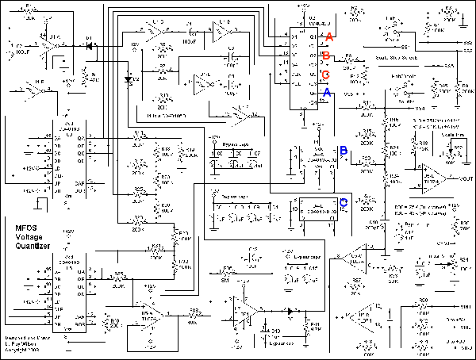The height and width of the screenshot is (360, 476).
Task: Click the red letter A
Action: (329, 36)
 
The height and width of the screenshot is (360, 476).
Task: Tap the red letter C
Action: (325, 75)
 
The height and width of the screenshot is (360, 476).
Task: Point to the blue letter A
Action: (325, 93)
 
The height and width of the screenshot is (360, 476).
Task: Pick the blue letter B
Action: (343, 150)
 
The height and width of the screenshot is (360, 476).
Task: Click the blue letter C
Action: (343, 202)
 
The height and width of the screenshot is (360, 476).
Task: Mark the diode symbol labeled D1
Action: (89, 46)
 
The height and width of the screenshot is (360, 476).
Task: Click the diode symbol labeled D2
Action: (127, 79)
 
